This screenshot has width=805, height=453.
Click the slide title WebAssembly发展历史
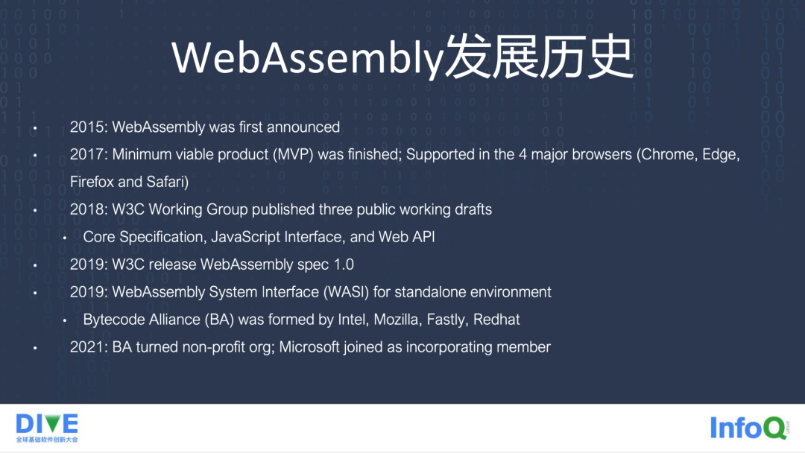click(x=402, y=58)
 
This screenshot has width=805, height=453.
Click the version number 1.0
click(x=343, y=264)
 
